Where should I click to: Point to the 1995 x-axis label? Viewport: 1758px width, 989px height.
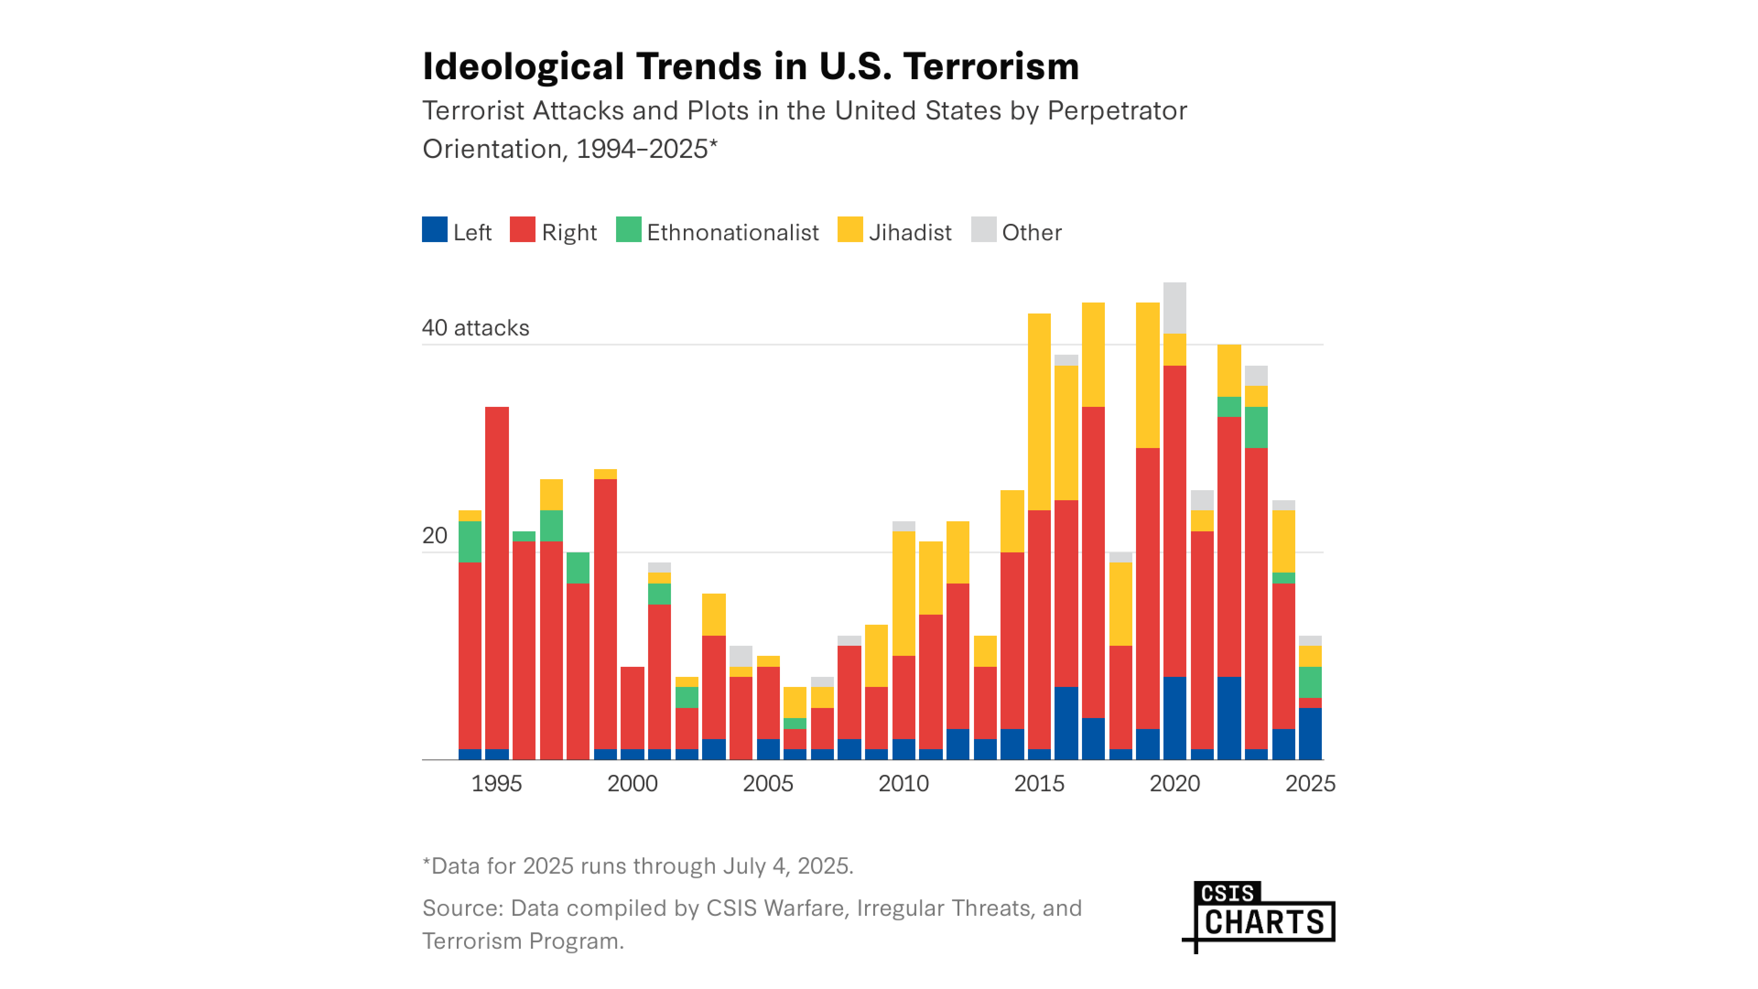[x=496, y=783]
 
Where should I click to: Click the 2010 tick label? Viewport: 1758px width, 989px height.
[x=903, y=783]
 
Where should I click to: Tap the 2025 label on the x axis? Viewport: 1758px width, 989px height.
[x=1309, y=783]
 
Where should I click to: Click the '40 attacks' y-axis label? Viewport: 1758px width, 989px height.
[x=475, y=328]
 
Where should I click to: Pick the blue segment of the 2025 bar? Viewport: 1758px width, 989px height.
[x=1309, y=734]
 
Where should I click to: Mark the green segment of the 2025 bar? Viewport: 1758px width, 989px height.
[x=1309, y=682]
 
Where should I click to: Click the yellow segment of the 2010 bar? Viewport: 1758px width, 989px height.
[x=903, y=593]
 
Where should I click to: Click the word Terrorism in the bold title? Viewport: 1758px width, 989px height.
[x=991, y=67]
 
